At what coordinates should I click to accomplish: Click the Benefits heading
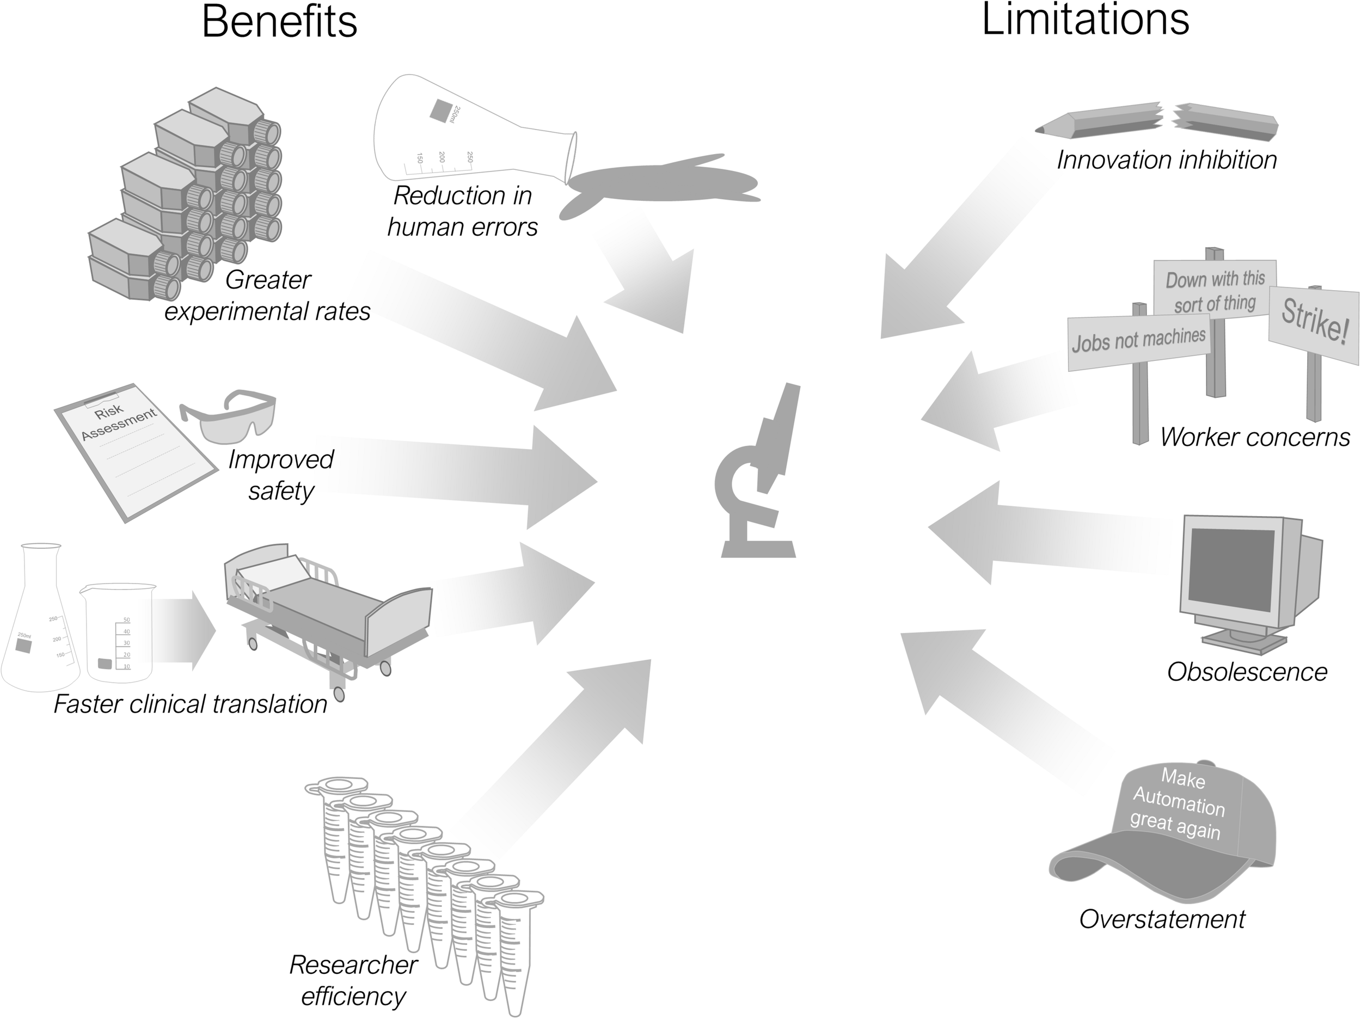279,22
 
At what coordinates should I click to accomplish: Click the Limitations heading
1086,20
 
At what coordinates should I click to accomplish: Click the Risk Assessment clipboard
136,452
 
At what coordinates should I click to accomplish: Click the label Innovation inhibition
1167,161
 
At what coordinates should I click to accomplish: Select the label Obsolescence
1247,672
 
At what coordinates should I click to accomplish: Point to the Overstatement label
1162,919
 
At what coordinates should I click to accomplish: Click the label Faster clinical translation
190,704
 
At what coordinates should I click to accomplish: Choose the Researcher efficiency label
353,980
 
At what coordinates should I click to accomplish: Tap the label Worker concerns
1254,438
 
